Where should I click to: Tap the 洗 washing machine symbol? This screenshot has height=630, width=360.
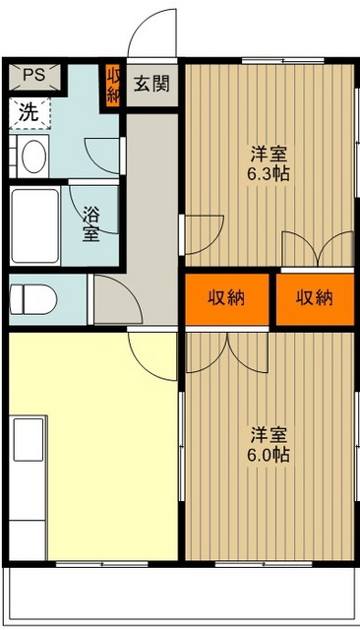pyautogui.click(x=30, y=111)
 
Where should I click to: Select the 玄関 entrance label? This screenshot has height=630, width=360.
pyautogui.click(x=150, y=84)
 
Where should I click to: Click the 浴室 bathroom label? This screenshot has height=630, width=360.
pyautogui.click(x=91, y=223)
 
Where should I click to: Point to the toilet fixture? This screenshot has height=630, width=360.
pyautogui.click(x=29, y=296)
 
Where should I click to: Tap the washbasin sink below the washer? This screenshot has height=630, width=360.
pyautogui.click(x=32, y=157)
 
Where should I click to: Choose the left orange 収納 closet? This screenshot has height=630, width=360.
pyautogui.click(x=226, y=298)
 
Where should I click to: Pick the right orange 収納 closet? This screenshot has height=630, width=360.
pyautogui.click(x=315, y=298)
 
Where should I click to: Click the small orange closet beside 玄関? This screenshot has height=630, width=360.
pyautogui.click(x=112, y=84)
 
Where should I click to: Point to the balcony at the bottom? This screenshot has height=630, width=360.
pyautogui.click(x=180, y=595)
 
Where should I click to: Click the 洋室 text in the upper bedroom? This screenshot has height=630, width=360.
pyautogui.click(x=269, y=154)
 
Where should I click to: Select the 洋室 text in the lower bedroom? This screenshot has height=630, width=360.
pyautogui.click(x=269, y=433)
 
